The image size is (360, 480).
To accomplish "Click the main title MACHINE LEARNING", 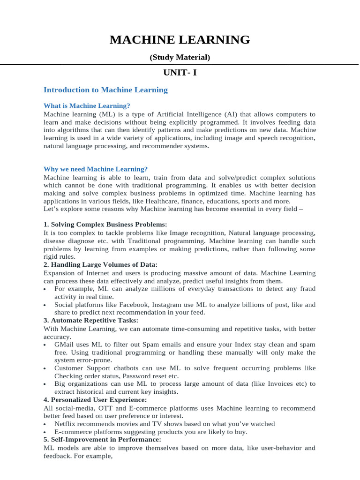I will click(180, 40).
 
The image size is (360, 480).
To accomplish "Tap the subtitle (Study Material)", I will click(180, 58).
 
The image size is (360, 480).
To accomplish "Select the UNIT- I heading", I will click(180, 73).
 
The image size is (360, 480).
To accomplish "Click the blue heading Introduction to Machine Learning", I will click(105, 90).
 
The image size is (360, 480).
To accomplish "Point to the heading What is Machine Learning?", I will click(87, 105).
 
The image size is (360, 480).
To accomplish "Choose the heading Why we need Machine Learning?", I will click(96, 169).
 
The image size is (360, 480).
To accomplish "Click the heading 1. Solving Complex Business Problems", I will click(105, 225).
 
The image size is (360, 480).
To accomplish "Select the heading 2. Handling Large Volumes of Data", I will click(100, 265).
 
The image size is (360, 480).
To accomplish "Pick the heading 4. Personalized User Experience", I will click(95, 400).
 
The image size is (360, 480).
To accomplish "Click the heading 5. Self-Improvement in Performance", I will click(102, 440).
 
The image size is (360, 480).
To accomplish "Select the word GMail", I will click(65, 345).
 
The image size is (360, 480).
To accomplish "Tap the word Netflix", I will click(65, 424).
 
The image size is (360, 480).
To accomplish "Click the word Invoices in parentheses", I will click(281, 384).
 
